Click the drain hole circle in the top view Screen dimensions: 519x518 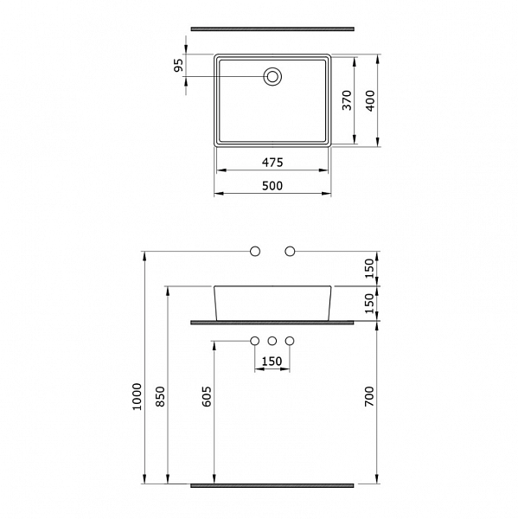point(272,77)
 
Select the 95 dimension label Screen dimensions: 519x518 point(179,67)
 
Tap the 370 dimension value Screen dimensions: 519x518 point(347,100)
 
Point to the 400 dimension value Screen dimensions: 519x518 point(371,100)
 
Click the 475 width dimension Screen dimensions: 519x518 point(272,163)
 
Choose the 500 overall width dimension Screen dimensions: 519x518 point(272,186)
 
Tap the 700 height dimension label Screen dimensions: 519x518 point(369,398)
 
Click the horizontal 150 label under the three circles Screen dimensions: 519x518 point(272,362)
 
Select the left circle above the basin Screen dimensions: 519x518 point(254,251)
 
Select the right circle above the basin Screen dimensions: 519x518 point(290,251)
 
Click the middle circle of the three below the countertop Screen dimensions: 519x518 point(272,341)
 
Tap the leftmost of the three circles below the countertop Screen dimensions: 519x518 point(254,341)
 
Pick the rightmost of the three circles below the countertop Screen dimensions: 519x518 point(290,341)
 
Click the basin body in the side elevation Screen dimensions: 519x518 point(272,303)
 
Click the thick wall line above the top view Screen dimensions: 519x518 point(272,28)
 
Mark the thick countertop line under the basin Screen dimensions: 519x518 point(272,322)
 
